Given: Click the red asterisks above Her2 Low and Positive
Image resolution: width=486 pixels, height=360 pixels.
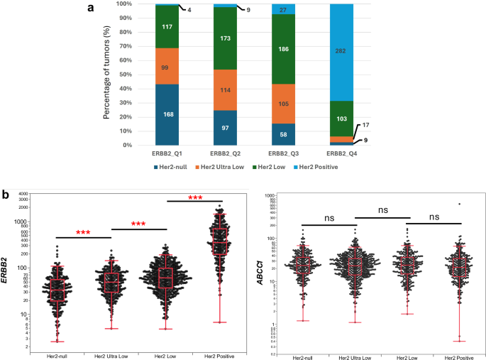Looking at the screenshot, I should pyautogui.click(x=195, y=197).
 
